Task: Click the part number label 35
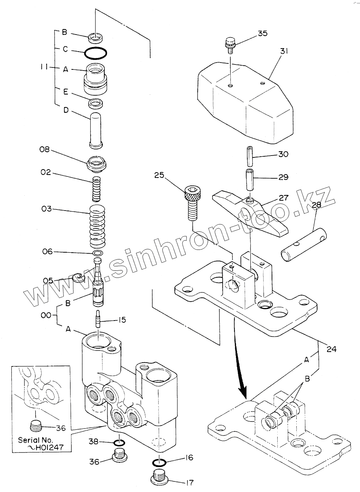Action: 263,33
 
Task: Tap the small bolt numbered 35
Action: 230,44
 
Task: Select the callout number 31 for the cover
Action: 284,51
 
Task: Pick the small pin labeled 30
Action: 250,156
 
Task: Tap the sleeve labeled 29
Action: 250,180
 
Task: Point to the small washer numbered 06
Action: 98,253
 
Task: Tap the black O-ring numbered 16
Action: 158,462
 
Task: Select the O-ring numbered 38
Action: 119,442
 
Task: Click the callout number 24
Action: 331,349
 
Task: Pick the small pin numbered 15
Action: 98,318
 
